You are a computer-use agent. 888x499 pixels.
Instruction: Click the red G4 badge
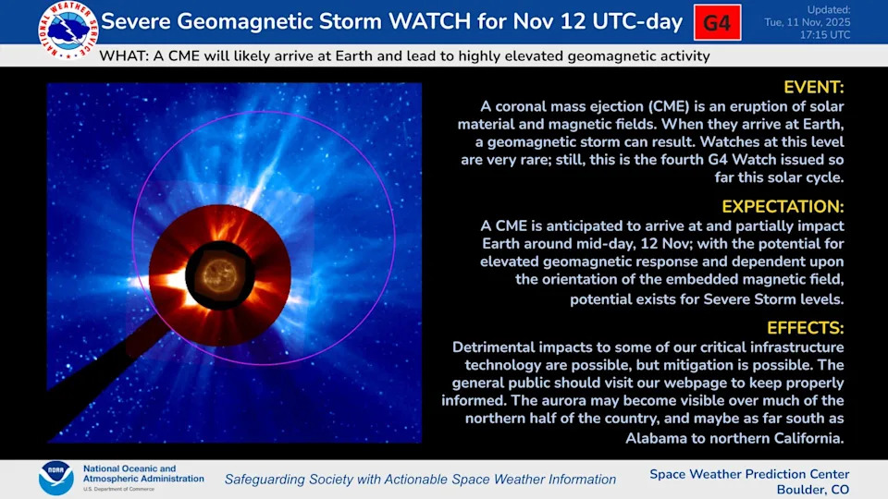(x=718, y=22)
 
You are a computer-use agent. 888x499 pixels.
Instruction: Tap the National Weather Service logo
(x=68, y=30)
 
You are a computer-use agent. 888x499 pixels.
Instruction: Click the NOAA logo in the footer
(x=56, y=478)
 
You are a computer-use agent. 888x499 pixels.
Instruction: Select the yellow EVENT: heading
(x=814, y=87)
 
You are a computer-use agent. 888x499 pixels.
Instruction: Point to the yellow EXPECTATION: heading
(x=783, y=206)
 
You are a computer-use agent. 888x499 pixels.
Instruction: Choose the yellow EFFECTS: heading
(x=806, y=328)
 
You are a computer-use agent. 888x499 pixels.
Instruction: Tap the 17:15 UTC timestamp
(x=824, y=35)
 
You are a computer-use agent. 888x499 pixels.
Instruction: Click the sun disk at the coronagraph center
(x=220, y=275)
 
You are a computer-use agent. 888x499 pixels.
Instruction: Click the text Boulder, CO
(x=813, y=490)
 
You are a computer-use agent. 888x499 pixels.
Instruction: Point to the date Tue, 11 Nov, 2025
(x=807, y=22)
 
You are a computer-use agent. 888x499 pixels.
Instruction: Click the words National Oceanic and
(x=129, y=469)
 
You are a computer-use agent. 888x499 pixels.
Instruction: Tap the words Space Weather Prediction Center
(x=749, y=474)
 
